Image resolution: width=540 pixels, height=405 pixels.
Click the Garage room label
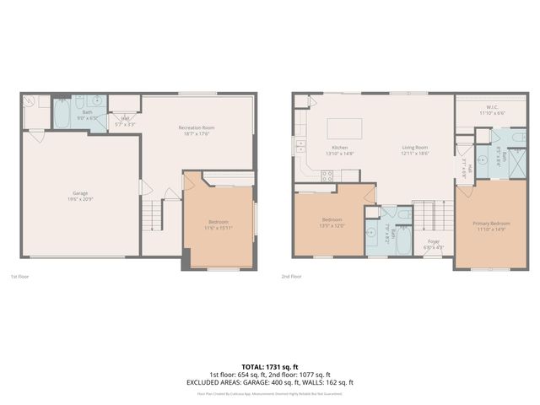(x=79, y=193)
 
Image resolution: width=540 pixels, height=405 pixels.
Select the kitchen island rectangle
(x=344, y=128)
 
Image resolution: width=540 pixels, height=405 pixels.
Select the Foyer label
(x=434, y=242)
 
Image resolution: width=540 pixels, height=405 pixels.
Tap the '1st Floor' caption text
(x=19, y=276)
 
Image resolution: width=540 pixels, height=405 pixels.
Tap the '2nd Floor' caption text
(x=291, y=276)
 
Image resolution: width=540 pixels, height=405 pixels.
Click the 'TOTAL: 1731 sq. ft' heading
(x=269, y=367)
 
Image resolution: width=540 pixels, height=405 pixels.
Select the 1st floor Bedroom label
(x=218, y=222)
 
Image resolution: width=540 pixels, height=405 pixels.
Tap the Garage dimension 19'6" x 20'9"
(x=79, y=199)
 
